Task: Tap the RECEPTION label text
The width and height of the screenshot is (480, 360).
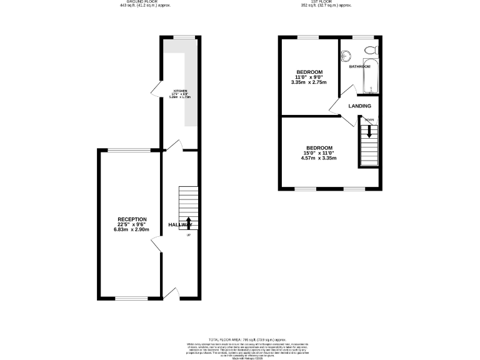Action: click(x=132, y=219)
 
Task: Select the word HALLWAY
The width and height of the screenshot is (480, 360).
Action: click(x=180, y=224)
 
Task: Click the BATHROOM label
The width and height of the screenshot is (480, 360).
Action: click(x=359, y=66)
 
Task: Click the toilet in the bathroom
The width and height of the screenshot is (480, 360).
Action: click(x=371, y=50)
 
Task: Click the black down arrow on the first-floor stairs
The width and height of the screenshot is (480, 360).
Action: click(x=369, y=131)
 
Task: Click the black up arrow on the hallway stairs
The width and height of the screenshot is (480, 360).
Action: click(x=189, y=222)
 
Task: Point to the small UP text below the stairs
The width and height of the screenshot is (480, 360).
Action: click(x=189, y=235)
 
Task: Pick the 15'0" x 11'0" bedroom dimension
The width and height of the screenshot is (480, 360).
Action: click(x=318, y=153)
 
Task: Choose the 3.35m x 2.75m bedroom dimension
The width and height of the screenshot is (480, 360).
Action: click(x=309, y=82)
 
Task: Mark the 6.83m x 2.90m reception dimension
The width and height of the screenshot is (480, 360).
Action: click(x=132, y=230)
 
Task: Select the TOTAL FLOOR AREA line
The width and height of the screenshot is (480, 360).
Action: click(x=240, y=338)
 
